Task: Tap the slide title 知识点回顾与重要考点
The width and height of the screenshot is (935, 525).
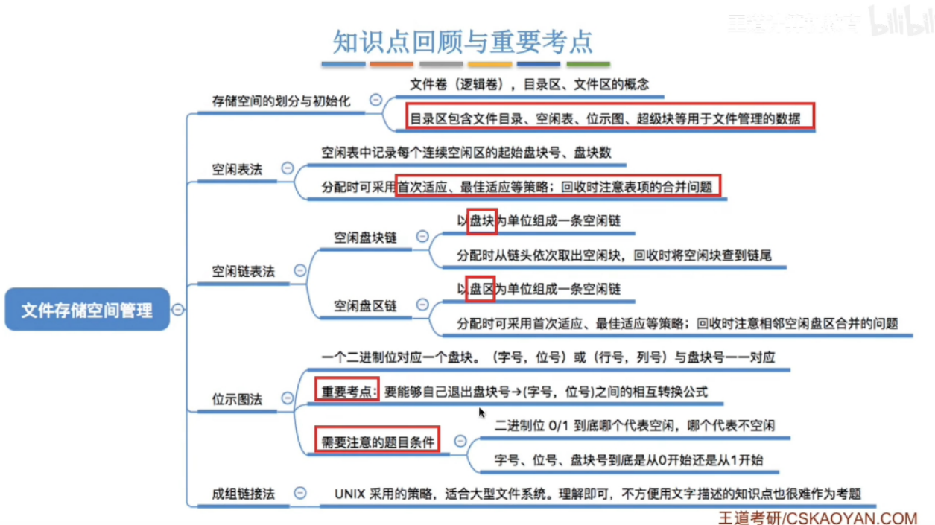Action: click(463, 40)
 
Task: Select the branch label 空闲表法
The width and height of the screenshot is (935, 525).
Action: click(238, 169)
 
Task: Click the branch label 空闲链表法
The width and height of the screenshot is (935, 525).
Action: click(244, 271)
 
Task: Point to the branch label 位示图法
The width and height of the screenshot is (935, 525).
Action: click(238, 400)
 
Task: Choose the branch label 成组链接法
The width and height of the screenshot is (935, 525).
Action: click(244, 493)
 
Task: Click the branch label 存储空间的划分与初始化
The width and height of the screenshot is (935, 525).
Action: click(280, 101)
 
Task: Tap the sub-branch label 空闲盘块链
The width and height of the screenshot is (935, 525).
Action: click(365, 238)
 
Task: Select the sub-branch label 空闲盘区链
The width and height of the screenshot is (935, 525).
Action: click(365, 305)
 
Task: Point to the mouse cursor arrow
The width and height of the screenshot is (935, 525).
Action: click(482, 411)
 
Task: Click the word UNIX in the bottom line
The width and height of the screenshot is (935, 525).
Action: click(349, 493)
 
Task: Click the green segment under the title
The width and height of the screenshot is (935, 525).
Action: click(588, 64)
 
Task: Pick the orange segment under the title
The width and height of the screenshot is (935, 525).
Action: click(391, 64)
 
